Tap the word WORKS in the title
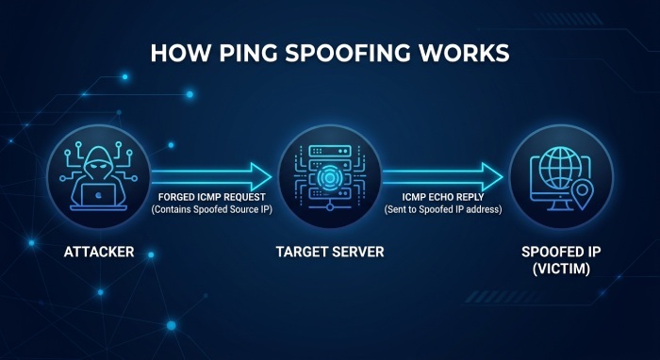(462, 54)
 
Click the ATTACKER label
(99, 252)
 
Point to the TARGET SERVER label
(330, 252)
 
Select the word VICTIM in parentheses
(561, 269)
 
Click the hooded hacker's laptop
(98, 197)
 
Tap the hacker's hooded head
(98, 162)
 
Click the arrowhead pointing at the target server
(261, 176)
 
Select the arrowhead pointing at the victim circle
(492, 176)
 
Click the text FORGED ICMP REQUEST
(212, 197)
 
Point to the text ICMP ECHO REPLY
(443, 197)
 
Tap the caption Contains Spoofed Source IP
(212, 209)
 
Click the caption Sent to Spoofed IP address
(443, 209)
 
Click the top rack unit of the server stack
(330, 151)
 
